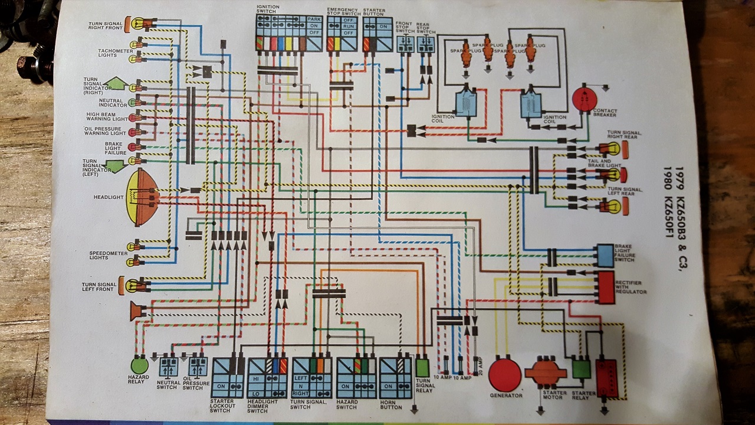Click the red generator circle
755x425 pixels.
click(x=505, y=374)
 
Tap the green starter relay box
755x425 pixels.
click(x=582, y=370)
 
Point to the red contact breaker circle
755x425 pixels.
click(x=584, y=98)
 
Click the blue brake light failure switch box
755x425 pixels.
click(x=605, y=255)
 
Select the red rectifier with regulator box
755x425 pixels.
click(x=605, y=287)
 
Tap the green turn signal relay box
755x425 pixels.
click(x=422, y=367)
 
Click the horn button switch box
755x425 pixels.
click(x=396, y=378)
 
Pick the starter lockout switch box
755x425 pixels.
click(x=228, y=378)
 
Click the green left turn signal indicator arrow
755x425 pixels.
click(x=116, y=166)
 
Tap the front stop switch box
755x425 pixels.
click(x=405, y=44)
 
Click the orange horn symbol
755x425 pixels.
click(x=137, y=310)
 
